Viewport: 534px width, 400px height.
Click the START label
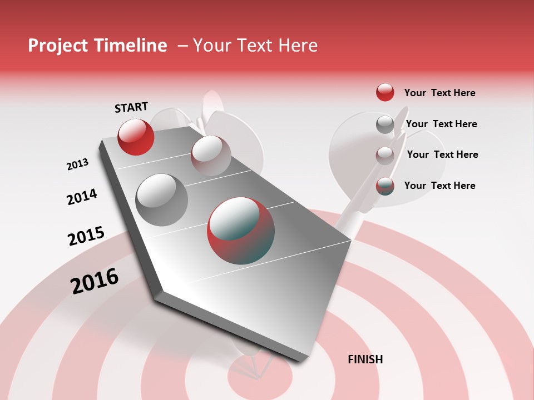click(x=131, y=107)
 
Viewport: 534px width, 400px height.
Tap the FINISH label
click(x=365, y=359)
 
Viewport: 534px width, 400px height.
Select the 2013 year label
click(x=77, y=164)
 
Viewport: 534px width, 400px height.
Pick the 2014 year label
click(x=82, y=197)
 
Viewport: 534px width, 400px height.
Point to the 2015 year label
click(x=86, y=236)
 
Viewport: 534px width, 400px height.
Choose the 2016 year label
click(x=95, y=281)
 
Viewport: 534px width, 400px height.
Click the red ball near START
click(x=136, y=137)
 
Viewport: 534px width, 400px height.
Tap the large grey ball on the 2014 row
click(x=161, y=200)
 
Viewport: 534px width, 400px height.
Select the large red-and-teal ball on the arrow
click(x=241, y=230)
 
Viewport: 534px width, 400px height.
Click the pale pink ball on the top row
click(x=211, y=156)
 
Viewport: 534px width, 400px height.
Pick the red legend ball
click(x=385, y=92)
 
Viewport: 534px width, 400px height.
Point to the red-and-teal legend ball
click(x=385, y=186)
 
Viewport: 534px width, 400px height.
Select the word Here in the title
click(x=298, y=46)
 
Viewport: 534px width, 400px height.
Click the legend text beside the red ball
click(x=439, y=93)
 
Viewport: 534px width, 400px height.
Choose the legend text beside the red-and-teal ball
click(x=439, y=186)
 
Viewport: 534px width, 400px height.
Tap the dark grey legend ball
click(x=385, y=124)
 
